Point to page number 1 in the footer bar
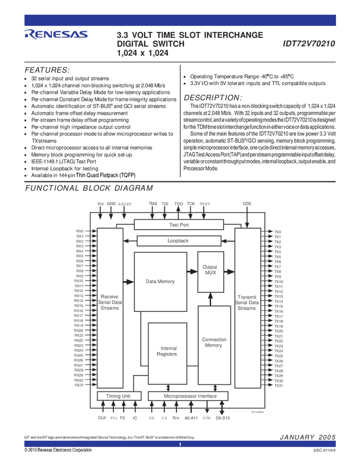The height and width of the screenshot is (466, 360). pyautogui.click(x=180, y=444)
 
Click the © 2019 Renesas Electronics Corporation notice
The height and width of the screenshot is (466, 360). pyautogui.click(x=58, y=450)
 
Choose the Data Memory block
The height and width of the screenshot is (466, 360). pyautogui.click(x=160, y=282)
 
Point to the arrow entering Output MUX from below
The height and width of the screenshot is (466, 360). pyautogui.click(x=210, y=298)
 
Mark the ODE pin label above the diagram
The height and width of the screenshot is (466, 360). pyautogui.click(x=247, y=204)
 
